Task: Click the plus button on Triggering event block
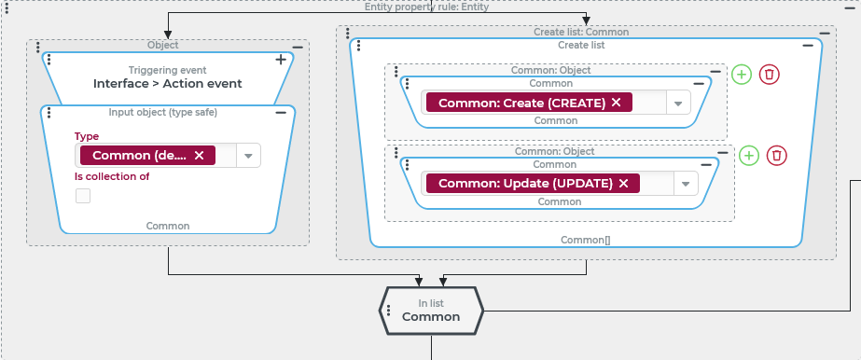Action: (281, 60)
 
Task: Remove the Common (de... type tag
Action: (200, 156)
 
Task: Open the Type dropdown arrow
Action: (248, 156)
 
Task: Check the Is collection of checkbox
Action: (83, 196)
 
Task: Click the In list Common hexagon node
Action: (431, 311)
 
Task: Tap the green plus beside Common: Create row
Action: (742, 74)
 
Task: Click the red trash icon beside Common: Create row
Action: (770, 74)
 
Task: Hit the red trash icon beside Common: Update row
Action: (776, 156)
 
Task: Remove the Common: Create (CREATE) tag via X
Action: (616, 102)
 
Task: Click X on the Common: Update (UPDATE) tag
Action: (623, 184)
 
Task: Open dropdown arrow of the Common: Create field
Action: (678, 103)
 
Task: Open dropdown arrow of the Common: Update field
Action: (686, 184)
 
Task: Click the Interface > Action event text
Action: (168, 83)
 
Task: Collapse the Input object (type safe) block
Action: (281, 113)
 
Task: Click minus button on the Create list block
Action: (808, 46)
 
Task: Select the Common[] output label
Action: (585, 240)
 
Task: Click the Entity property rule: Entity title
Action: (426, 7)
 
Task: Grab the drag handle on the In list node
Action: (389, 311)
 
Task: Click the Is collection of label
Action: (112, 176)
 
